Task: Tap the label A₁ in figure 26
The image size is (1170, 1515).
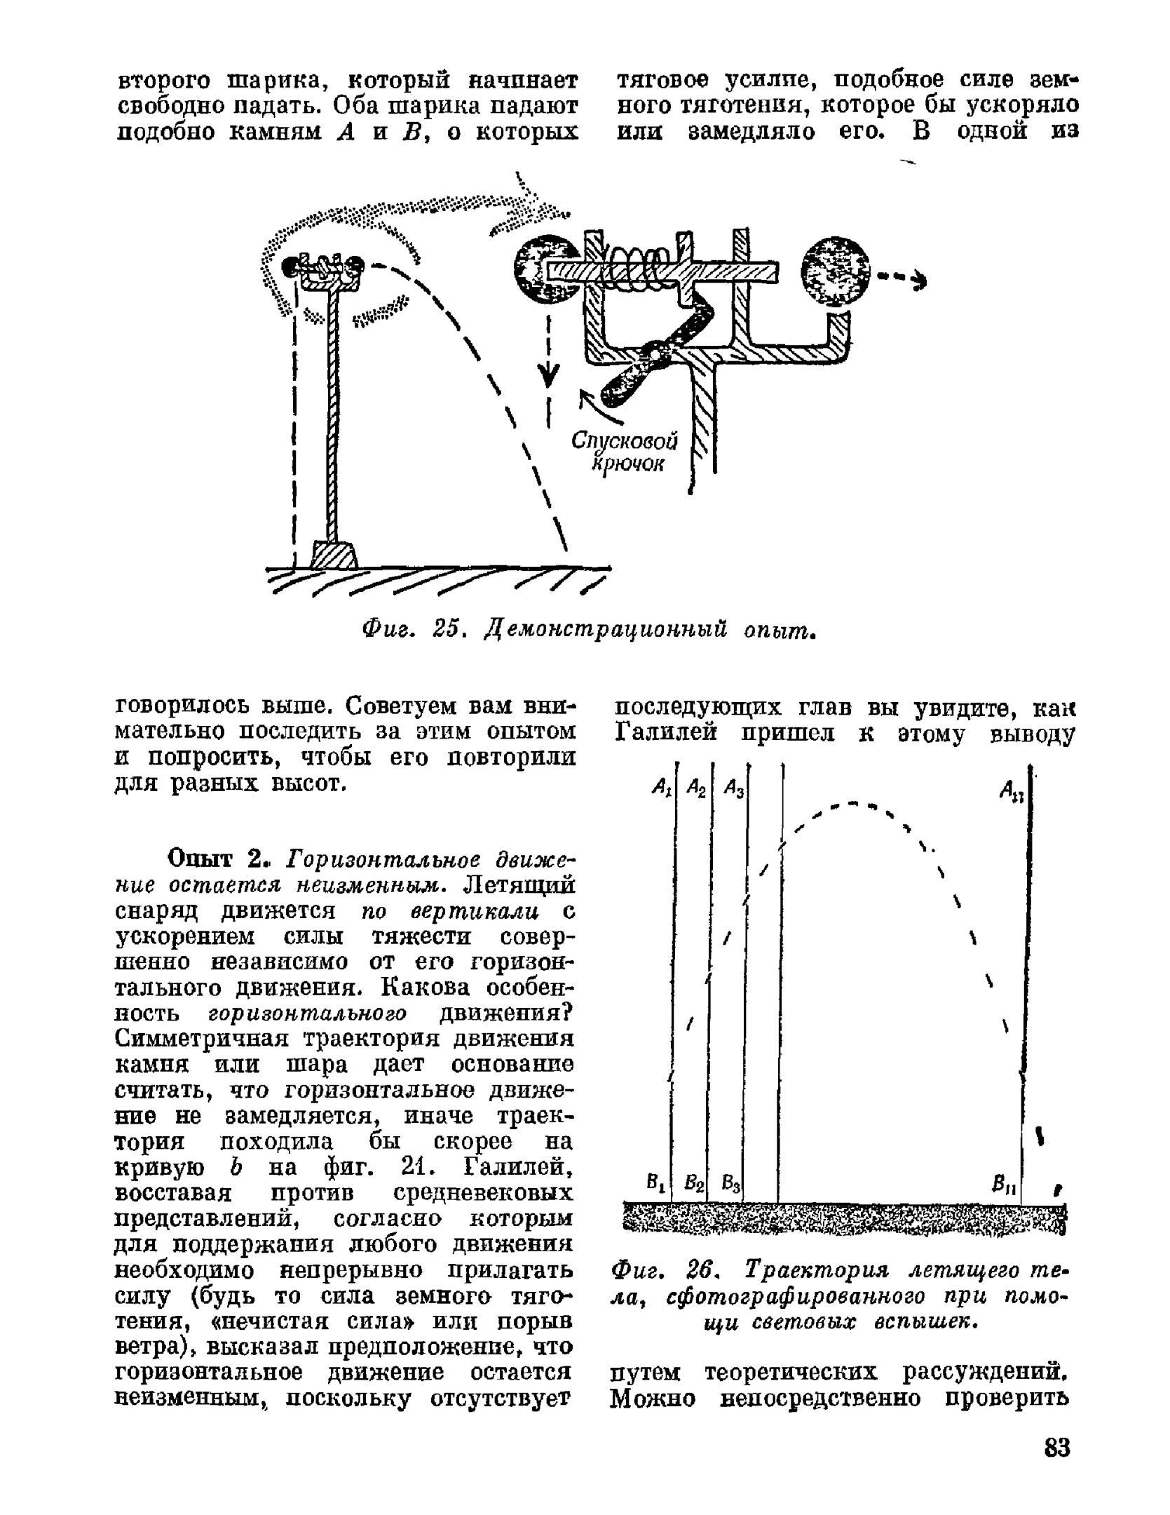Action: click(660, 788)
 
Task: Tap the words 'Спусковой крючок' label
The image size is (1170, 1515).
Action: click(625, 452)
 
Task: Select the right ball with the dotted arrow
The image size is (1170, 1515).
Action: click(835, 273)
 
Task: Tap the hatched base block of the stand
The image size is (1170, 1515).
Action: click(334, 554)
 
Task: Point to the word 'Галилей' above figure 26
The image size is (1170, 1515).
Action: click(667, 733)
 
